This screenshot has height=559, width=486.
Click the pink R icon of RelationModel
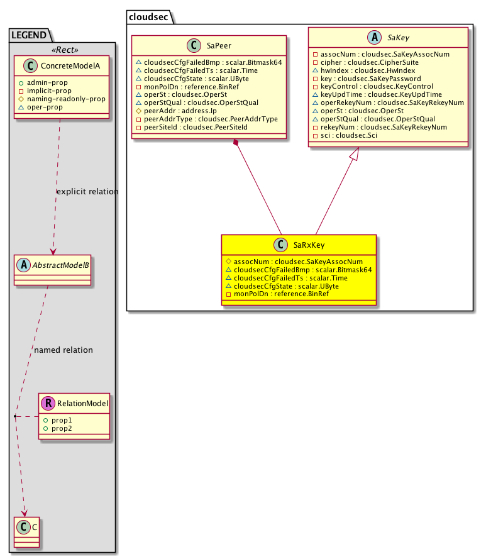click(48, 403)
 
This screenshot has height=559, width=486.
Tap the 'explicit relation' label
click(87, 191)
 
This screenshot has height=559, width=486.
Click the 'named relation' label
click(64, 350)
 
